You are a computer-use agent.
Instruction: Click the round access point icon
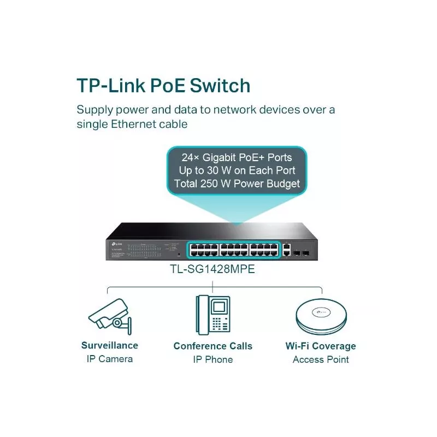coord(321,316)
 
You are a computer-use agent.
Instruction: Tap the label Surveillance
coord(110,345)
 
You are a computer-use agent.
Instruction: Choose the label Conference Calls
coord(213,346)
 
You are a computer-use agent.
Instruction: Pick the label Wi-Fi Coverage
coord(321,346)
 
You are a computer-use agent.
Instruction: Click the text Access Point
coord(321,359)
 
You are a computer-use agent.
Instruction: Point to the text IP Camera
coord(110,359)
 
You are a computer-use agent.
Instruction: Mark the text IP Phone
coord(213,359)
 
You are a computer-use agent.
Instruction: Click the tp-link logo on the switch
coord(116,243)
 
